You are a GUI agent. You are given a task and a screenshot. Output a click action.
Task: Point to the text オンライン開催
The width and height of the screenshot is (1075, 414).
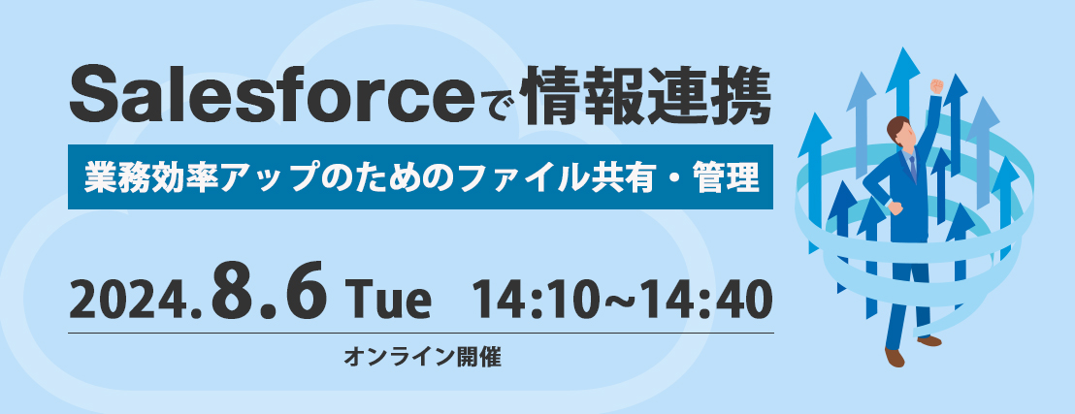pyautogui.click(x=422, y=357)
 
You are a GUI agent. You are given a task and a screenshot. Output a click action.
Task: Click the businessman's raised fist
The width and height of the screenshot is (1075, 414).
pyautogui.click(x=936, y=86)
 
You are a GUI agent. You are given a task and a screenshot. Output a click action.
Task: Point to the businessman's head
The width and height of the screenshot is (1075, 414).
pyautogui.click(x=898, y=132)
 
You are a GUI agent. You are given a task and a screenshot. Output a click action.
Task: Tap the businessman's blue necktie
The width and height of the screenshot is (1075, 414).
pyautogui.click(x=913, y=167)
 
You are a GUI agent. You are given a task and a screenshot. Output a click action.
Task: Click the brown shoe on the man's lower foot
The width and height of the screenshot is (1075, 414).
pyautogui.click(x=894, y=358)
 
